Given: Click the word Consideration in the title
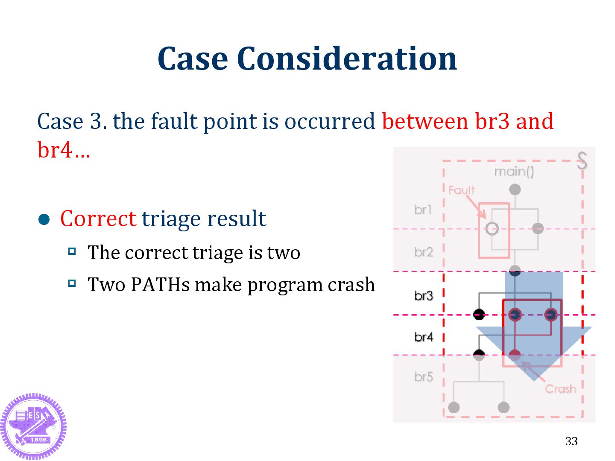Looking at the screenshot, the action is (346, 58).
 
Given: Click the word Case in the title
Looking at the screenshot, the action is (193, 58).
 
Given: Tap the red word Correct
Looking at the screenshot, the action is (98, 219).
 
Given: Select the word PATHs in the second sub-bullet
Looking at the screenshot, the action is (160, 285).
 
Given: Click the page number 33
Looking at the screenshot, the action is (571, 441).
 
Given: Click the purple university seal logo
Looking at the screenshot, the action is (33, 426).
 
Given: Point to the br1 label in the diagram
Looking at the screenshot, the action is (423, 210).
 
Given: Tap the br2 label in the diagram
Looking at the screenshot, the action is (424, 252).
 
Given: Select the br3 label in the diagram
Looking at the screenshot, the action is (424, 296).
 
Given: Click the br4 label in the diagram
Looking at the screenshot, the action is (424, 337).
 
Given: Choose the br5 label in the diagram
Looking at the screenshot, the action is (424, 377).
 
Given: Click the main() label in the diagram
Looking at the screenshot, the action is (514, 172).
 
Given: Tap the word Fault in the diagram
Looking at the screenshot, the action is (462, 190).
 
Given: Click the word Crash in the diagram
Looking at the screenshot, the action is (560, 389).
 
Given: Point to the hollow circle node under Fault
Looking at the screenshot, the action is (492, 229).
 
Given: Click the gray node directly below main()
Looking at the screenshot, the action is (515, 189).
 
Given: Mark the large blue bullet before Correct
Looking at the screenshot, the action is (44, 219).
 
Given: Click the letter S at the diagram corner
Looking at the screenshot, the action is (582, 160).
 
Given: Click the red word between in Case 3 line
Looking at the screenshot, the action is (425, 121).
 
